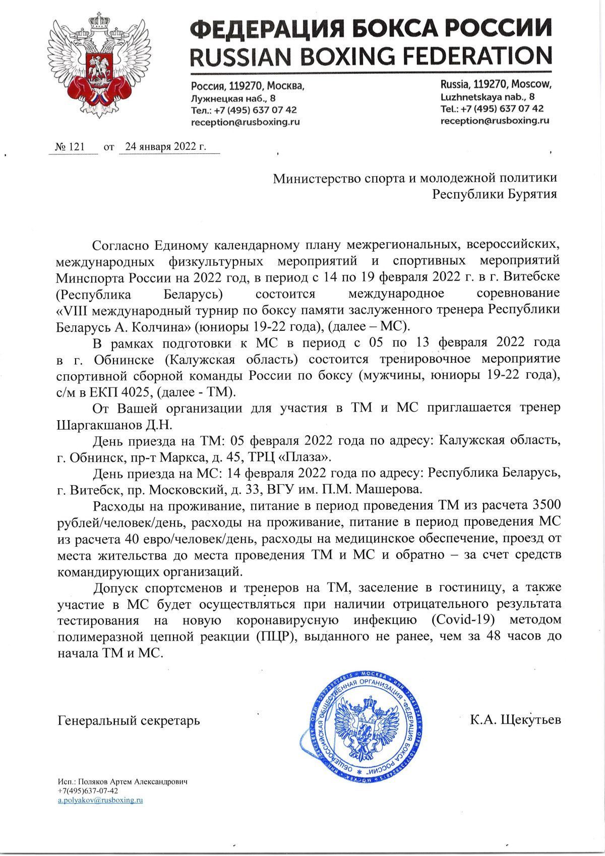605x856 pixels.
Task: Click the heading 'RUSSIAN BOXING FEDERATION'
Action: tap(370, 55)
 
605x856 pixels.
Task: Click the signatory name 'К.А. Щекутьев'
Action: tap(515, 720)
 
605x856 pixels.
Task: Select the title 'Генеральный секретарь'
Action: tap(129, 720)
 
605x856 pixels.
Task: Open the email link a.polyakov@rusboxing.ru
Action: tap(100, 801)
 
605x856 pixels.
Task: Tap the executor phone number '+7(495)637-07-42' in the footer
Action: tap(88, 791)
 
